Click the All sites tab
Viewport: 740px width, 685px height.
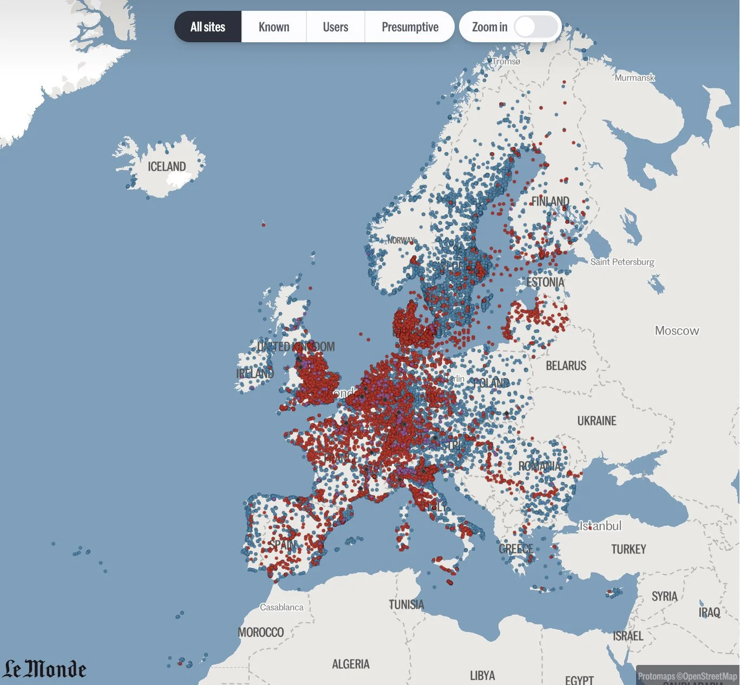pos(208,27)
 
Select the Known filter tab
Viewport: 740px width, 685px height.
pos(274,27)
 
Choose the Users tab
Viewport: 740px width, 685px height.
pos(336,27)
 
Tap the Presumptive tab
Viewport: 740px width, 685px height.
pos(410,27)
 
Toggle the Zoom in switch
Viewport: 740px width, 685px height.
pos(535,27)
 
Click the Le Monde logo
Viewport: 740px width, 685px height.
pos(45,669)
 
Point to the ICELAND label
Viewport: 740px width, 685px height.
pos(167,167)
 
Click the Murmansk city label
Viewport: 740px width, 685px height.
pos(634,78)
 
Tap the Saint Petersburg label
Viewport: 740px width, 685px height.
pos(622,262)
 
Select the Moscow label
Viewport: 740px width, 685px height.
pos(677,331)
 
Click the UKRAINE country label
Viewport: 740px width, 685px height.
pos(597,421)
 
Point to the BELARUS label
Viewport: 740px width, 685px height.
pos(566,366)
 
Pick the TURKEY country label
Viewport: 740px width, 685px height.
pos(628,550)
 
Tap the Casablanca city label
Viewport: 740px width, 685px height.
pos(281,608)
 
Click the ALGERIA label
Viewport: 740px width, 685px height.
pos(351,664)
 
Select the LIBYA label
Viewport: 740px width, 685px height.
pos(482,676)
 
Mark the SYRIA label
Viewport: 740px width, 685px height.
pos(664,597)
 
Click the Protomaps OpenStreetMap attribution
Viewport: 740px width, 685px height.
pos(687,676)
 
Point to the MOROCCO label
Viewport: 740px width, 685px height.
pos(261,632)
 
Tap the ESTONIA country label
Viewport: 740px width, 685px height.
pos(545,282)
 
